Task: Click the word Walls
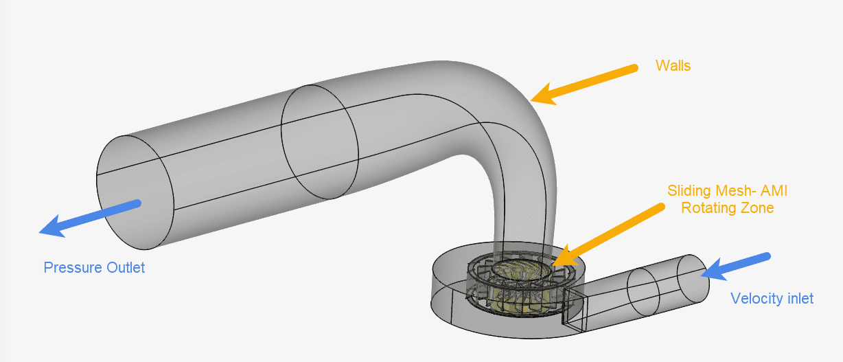click(673, 66)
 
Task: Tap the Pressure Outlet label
click(94, 268)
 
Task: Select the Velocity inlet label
click(772, 299)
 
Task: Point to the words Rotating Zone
click(727, 207)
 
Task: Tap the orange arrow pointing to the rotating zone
click(608, 231)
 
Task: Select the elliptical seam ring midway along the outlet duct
click(319, 142)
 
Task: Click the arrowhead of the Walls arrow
click(542, 95)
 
